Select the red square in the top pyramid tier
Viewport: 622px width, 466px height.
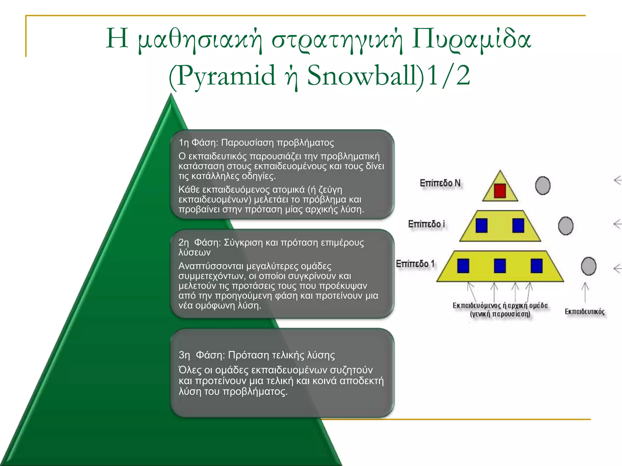500,191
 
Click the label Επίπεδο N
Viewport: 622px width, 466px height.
440,183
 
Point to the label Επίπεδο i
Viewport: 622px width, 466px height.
426,224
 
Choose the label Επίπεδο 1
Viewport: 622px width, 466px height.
415,264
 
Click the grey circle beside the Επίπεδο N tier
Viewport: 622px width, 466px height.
543,185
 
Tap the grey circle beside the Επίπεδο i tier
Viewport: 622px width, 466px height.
566,226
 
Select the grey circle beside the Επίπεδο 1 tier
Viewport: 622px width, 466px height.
589,266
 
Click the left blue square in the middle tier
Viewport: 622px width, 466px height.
481,226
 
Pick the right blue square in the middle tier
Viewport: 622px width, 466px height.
518,226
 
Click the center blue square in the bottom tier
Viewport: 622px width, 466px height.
500,266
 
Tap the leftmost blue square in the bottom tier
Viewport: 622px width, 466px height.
463,266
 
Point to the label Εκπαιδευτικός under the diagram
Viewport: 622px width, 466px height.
585,312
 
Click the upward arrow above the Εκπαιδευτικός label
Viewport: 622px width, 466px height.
585,292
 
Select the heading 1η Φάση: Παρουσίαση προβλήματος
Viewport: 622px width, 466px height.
256,143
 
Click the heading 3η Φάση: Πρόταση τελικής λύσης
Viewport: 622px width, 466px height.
257,355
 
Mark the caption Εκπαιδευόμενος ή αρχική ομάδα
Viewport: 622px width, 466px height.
500,306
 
